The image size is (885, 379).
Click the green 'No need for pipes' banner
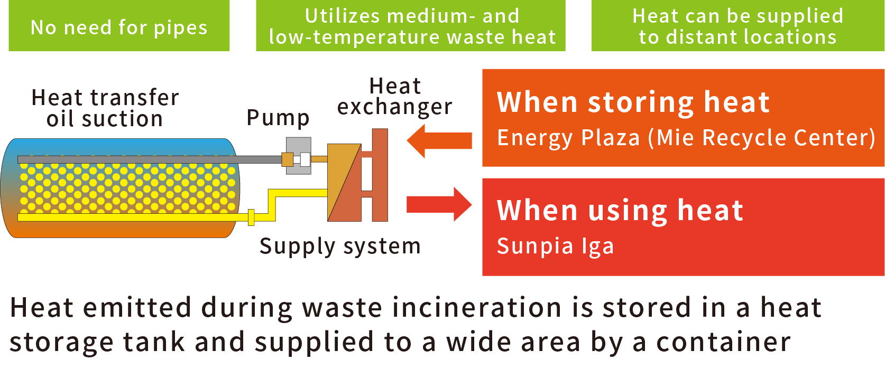coord(119,26)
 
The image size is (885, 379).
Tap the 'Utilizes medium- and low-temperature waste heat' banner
coord(411,26)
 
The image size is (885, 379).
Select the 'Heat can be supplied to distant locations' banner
coord(738,26)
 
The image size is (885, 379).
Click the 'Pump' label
coord(278,118)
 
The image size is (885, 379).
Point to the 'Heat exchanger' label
coord(395,96)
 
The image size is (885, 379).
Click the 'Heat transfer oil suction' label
coord(105,108)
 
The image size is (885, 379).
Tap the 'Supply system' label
coord(340,246)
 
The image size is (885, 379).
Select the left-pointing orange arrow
coord(439,140)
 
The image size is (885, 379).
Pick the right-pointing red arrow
coord(439,204)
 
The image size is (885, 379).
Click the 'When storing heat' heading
coord(633,102)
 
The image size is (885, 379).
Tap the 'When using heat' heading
coord(620,210)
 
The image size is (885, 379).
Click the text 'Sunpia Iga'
coord(555,246)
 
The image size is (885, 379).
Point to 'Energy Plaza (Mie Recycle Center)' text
coord(686,138)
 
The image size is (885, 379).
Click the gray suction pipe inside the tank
coord(148,159)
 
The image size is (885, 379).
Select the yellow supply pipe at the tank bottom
coord(132,217)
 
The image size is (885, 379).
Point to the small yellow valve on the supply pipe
coord(252,217)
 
